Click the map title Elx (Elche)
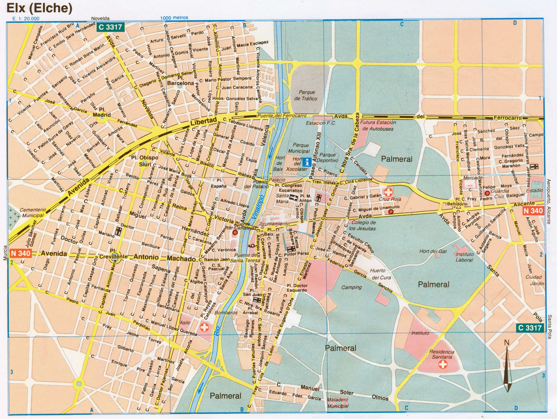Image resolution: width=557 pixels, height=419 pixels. coord(40,8)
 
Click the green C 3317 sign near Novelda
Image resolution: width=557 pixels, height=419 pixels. coord(110,27)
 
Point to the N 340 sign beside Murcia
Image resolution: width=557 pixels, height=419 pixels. coord(20,253)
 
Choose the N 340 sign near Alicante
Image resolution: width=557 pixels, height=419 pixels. coord(533,210)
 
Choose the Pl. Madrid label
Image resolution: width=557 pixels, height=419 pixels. coord(102,112)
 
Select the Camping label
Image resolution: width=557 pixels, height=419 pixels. coord(352,287)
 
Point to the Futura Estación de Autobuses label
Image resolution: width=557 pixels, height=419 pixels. coord(378,125)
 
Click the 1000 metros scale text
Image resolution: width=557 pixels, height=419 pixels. coord(174,18)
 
